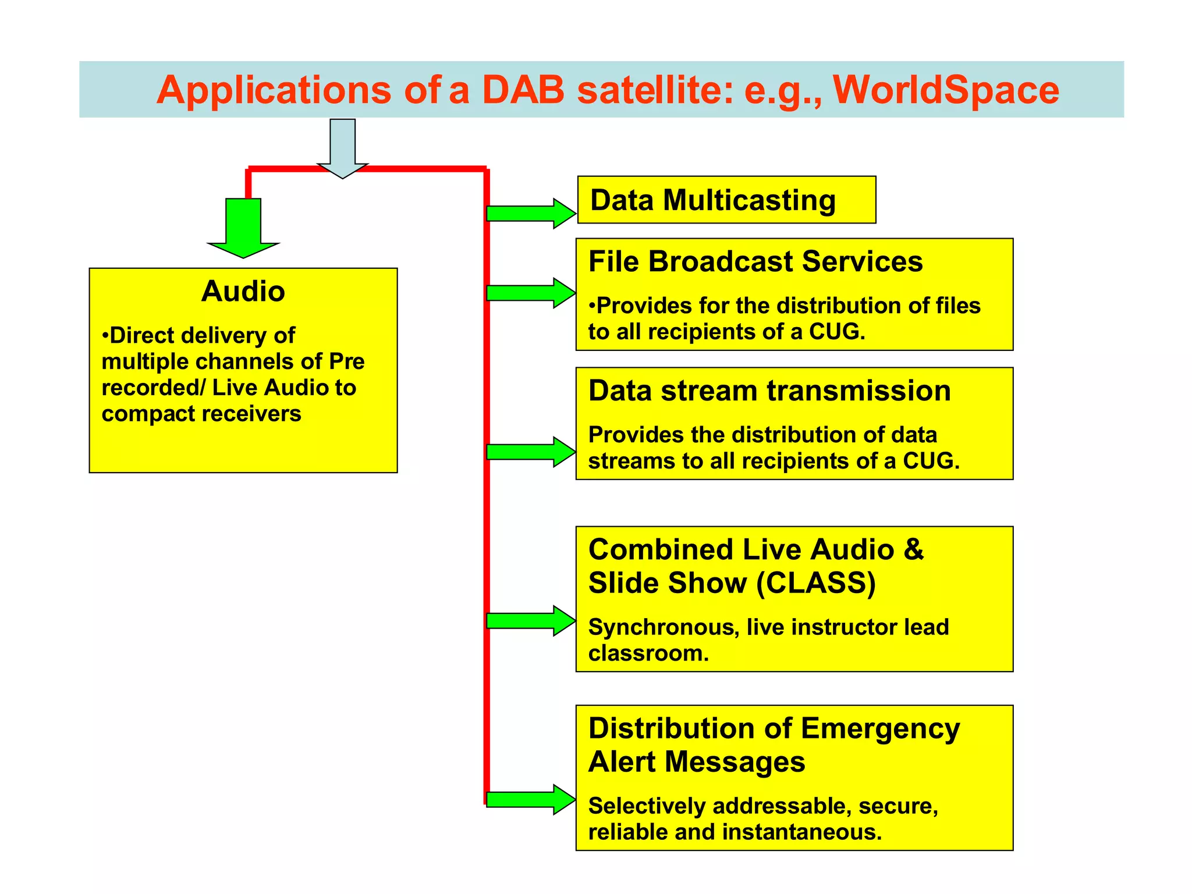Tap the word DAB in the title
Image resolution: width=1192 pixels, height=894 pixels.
(x=523, y=90)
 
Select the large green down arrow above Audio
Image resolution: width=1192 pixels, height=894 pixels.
(x=243, y=228)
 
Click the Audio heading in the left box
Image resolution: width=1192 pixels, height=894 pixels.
(x=243, y=291)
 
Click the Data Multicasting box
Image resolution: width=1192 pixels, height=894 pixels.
(x=726, y=200)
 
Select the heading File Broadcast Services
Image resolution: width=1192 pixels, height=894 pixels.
(x=755, y=261)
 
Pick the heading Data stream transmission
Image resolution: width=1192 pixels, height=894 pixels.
(x=769, y=391)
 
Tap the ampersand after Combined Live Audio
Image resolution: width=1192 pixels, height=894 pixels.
(x=913, y=549)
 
